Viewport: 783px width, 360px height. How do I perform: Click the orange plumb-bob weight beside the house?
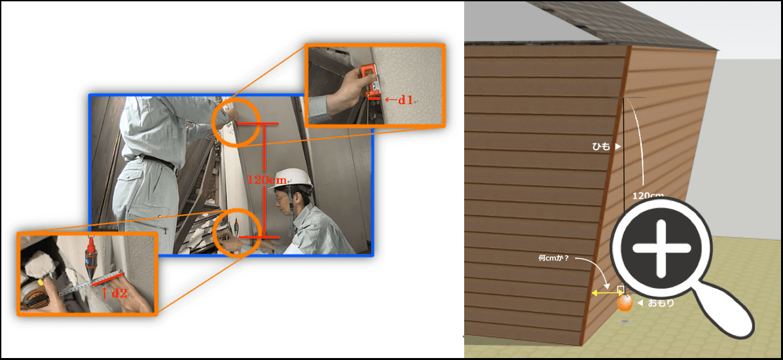[x=624, y=302]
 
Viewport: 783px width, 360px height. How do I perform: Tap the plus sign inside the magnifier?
[x=662, y=248]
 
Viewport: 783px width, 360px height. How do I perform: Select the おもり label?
[x=661, y=302]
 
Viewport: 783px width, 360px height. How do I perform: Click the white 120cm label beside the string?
[x=647, y=195]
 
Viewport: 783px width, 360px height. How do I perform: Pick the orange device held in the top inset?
[x=370, y=79]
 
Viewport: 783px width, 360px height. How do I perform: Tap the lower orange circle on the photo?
[x=237, y=232]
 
